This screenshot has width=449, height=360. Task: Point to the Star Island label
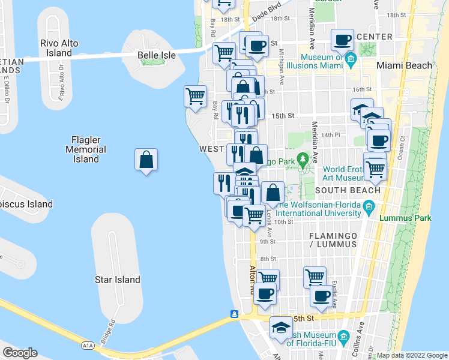pyautogui.click(x=118, y=280)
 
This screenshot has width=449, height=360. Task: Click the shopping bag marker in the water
pyautogui.click(x=146, y=160)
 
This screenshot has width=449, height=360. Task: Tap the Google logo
pyautogui.click(x=20, y=353)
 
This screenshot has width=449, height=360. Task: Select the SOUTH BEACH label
pyautogui.click(x=345, y=190)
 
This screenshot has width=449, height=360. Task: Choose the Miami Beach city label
pyautogui.click(x=404, y=65)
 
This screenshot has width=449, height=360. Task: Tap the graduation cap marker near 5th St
pyautogui.click(x=281, y=328)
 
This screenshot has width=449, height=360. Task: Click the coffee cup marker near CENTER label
pyautogui.click(x=343, y=40)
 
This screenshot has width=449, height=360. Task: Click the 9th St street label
pyautogui.click(x=268, y=242)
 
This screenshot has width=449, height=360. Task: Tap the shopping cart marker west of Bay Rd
pyautogui.click(x=196, y=95)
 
